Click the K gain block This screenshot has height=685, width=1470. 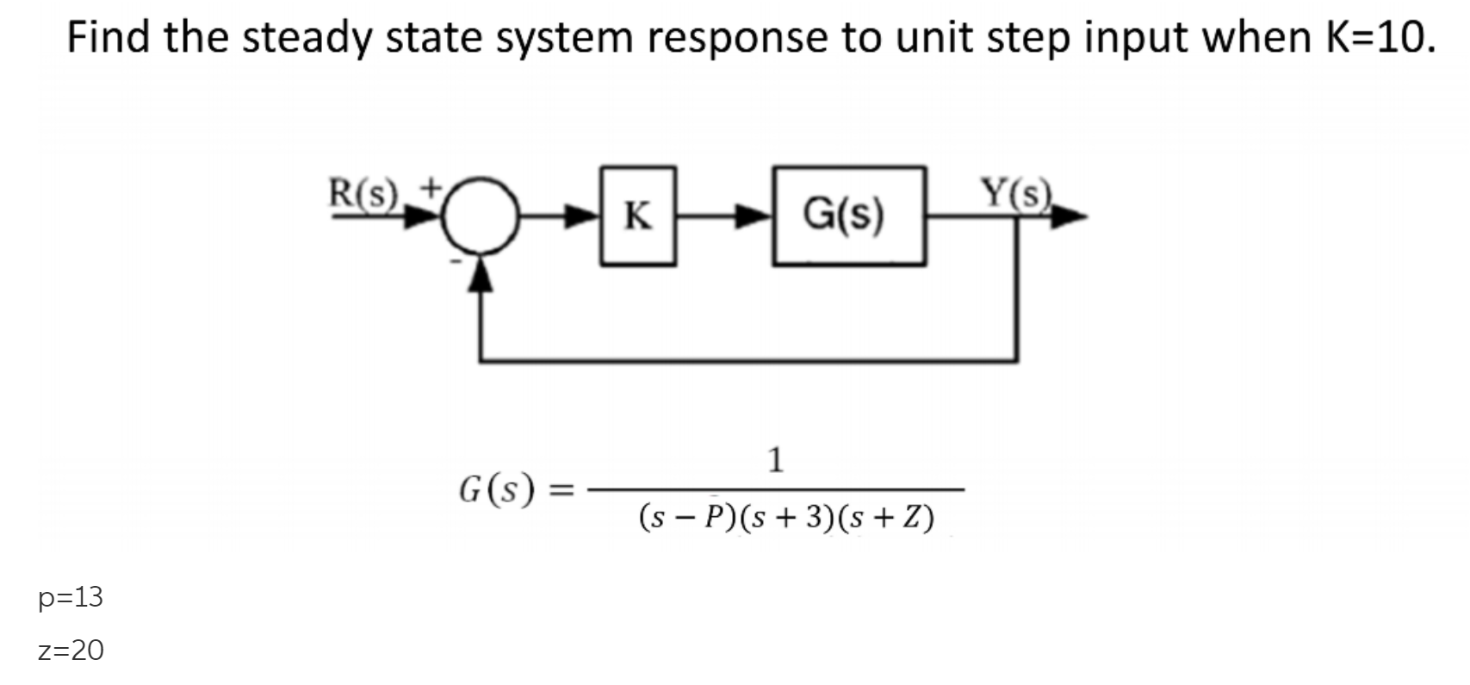pos(638,215)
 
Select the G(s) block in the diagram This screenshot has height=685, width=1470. pos(848,215)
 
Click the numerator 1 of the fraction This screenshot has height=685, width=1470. pos(775,460)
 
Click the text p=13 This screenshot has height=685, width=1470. pos(71,597)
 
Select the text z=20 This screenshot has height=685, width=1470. pos(71,650)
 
